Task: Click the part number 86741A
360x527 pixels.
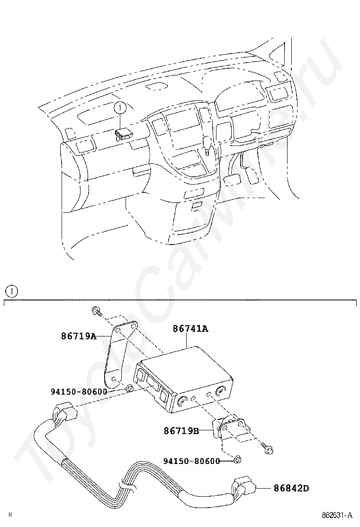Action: tap(190, 328)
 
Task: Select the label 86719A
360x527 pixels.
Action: tap(79, 336)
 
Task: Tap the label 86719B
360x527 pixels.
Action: tap(181, 430)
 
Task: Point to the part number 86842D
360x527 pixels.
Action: tap(291, 488)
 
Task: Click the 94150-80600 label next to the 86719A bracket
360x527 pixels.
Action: tap(79, 391)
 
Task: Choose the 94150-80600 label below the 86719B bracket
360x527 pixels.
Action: tap(191, 461)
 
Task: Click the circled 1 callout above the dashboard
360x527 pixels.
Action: tap(120, 108)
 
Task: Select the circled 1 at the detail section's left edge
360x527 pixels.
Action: tap(12, 291)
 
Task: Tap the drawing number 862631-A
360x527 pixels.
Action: tap(337, 515)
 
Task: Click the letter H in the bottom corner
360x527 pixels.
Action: tap(10, 515)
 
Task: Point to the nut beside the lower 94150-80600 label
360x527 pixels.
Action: tap(237, 461)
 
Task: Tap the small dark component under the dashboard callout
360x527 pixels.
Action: tap(123, 134)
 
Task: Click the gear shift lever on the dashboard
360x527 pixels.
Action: tap(207, 145)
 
